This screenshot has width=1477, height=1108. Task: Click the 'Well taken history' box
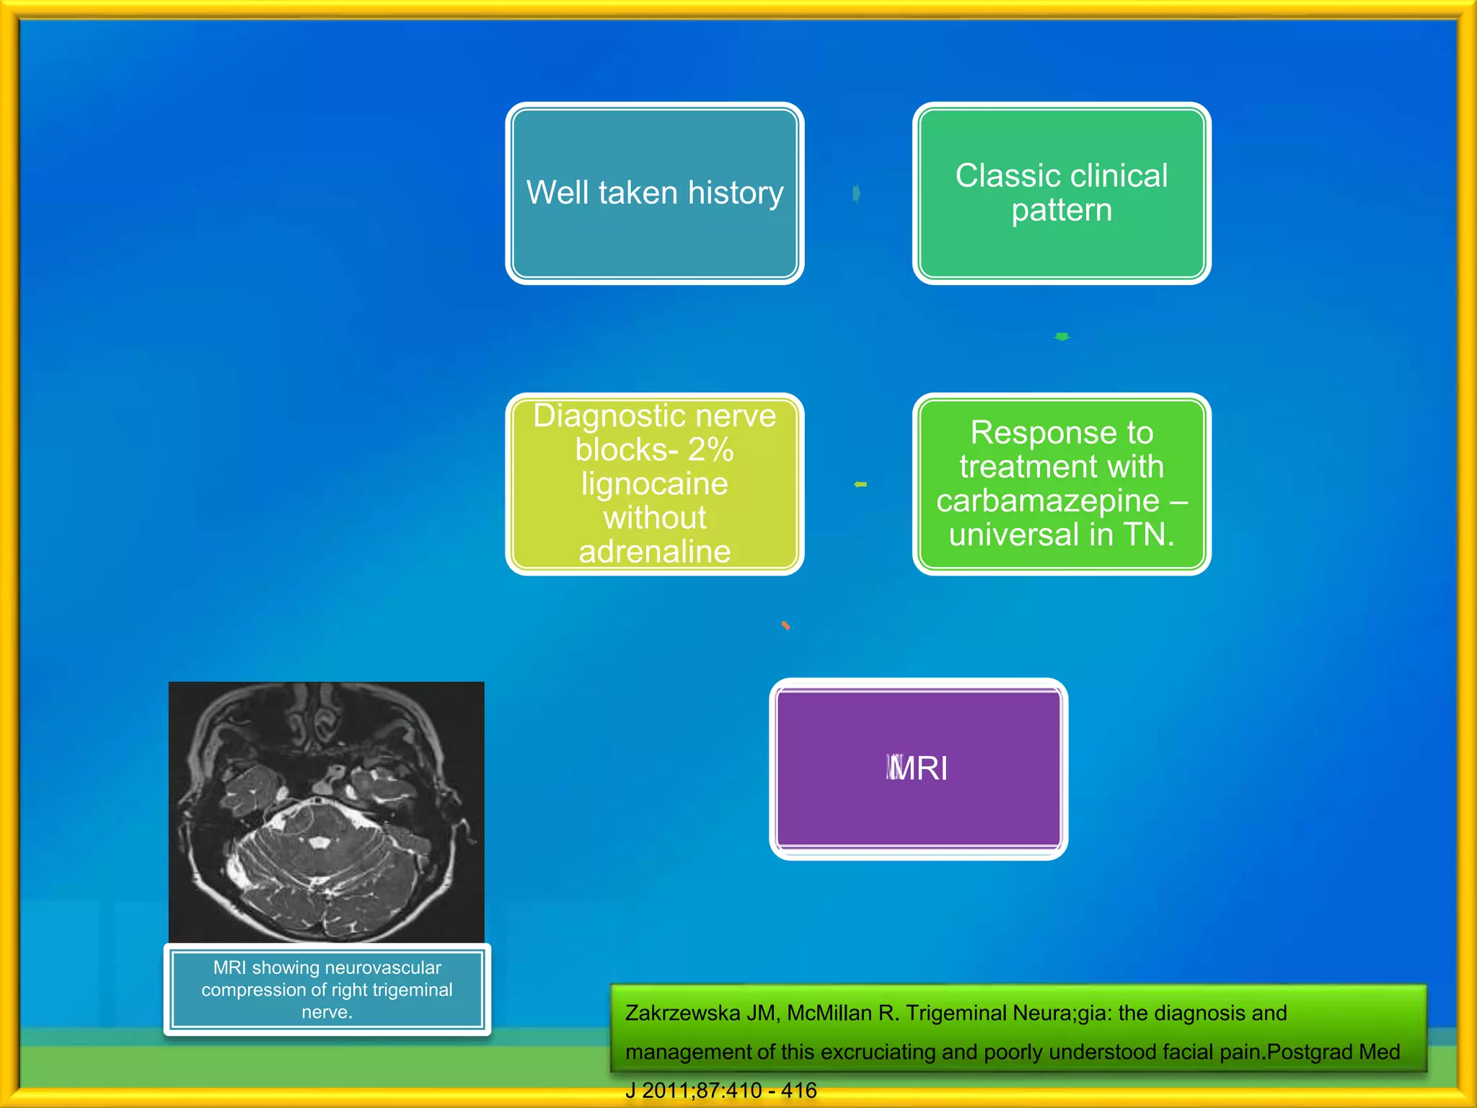pyautogui.click(x=655, y=193)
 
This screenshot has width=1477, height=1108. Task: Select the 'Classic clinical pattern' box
pyautogui.click(x=1061, y=193)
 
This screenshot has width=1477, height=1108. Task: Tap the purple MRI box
pyautogui.click(x=918, y=768)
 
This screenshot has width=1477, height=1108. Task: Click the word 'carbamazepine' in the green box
pyautogui.click(x=1047, y=501)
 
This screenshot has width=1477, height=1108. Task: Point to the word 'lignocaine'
pyautogui.click(x=655, y=484)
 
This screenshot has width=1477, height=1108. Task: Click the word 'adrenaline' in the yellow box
pyautogui.click(x=655, y=552)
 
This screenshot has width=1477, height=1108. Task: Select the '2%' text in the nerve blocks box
pyautogui.click(x=710, y=450)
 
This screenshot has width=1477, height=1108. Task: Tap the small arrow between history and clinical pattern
pyautogui.click(x=856, y=193)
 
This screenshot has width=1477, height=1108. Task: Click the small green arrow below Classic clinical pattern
pyautogui.click(x=1062, y=336)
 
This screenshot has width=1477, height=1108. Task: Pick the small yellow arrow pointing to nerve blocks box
pyautogui.click(x=860, y=484)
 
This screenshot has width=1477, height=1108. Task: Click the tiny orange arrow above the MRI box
pyautogui.click(x=785, y=625)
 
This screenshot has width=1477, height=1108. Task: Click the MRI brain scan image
pyautogui.click(x=326, y=812)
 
